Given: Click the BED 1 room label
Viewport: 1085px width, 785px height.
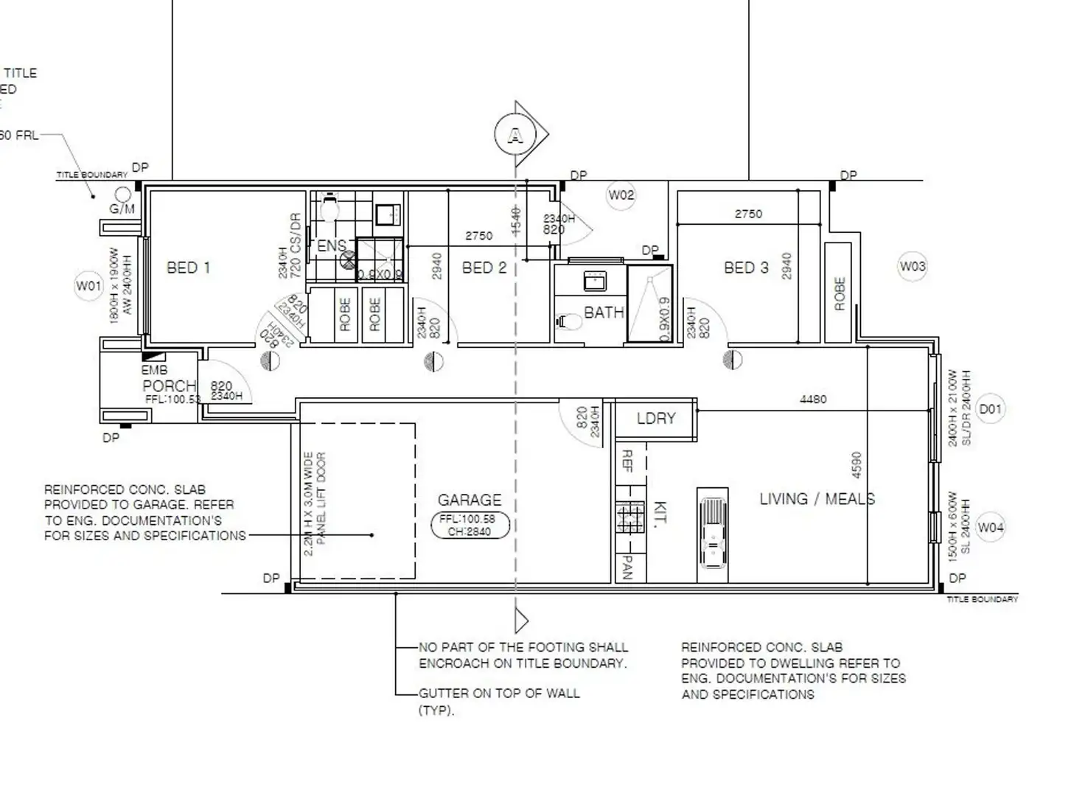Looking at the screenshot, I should [188, 268].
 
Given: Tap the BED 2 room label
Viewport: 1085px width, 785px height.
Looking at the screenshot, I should [484, 268].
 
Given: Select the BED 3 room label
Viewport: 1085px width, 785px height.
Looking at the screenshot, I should [746, 268].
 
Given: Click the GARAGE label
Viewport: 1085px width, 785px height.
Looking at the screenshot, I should [469, 500].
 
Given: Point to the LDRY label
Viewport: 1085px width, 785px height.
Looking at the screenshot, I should [655, 419].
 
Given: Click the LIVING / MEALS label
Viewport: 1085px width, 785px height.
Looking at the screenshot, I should [817, 499].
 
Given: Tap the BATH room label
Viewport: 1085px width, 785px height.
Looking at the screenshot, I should [604, 313].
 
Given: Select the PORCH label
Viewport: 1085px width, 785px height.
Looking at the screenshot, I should [169, 385].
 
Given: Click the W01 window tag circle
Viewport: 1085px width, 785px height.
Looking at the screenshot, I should [88, 285].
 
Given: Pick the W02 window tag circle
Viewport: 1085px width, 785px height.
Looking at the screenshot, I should [621, 195].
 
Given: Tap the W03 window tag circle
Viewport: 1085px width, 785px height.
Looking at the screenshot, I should [912, 267].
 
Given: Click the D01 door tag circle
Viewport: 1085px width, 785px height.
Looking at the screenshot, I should [990, 408].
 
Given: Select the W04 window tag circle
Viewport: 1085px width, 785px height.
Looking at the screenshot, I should [990, 528].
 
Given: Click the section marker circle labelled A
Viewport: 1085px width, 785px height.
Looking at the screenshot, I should [514, 136].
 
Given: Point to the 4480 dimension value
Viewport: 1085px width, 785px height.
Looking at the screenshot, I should [812, 399].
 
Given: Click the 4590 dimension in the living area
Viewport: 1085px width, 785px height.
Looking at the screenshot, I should [856, 465].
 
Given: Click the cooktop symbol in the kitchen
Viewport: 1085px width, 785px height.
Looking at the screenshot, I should [629, 517].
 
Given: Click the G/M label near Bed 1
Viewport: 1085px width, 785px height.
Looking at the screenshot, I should [122, 209].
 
